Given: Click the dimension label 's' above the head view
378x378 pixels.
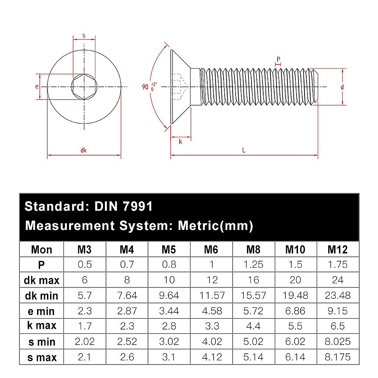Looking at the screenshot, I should (x=84, y=36).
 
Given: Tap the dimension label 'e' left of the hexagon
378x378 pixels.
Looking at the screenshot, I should (x=37, y=86).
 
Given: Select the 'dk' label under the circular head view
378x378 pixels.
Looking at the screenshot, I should (x=83, y=150).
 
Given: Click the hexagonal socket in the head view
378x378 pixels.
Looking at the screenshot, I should (x=84, y=87).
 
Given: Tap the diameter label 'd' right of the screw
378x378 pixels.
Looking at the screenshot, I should (x=342, y=87).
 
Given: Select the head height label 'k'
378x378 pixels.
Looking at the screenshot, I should (x=180, y=142).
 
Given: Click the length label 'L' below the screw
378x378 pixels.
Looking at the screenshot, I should (x=244, y=150).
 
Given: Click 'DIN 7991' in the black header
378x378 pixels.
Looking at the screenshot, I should (x=123, y=207).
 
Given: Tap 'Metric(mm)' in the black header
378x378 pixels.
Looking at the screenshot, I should (x=215, y=226).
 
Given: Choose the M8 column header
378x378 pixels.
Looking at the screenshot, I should (x=253, y=249).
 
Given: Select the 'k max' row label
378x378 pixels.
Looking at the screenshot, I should (x=42, y=325).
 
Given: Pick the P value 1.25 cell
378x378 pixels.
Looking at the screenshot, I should (x=253, y=265).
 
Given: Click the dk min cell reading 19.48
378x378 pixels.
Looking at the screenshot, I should (x=295, y=295).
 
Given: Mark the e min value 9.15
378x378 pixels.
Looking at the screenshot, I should (x=337, y=311).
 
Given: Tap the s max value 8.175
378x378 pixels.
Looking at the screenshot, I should (x=337, y=357).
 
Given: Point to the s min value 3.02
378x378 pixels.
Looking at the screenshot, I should (x=169, y=341).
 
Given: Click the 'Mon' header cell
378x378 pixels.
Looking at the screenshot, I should (x=42, y=249).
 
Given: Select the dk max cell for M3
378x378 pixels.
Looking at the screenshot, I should (x=85, y=280).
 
